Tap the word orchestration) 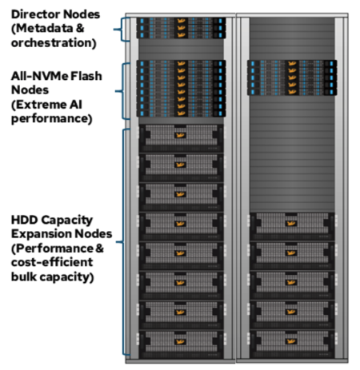(54, 43)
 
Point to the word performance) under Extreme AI (52, 119)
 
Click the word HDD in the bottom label (24, 220)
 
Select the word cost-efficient (52, 262)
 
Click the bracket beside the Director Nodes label (122, 30)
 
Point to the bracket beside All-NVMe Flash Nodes (122, 91)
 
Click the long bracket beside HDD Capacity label (123, 242)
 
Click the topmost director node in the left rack (181, 21)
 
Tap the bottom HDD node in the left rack (181, 344)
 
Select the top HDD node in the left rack (181, 138)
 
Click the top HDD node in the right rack (292, 226)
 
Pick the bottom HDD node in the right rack (292, 344)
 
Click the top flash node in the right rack (292, 63)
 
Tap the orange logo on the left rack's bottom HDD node (180, 342)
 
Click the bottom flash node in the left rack (181, 113)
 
